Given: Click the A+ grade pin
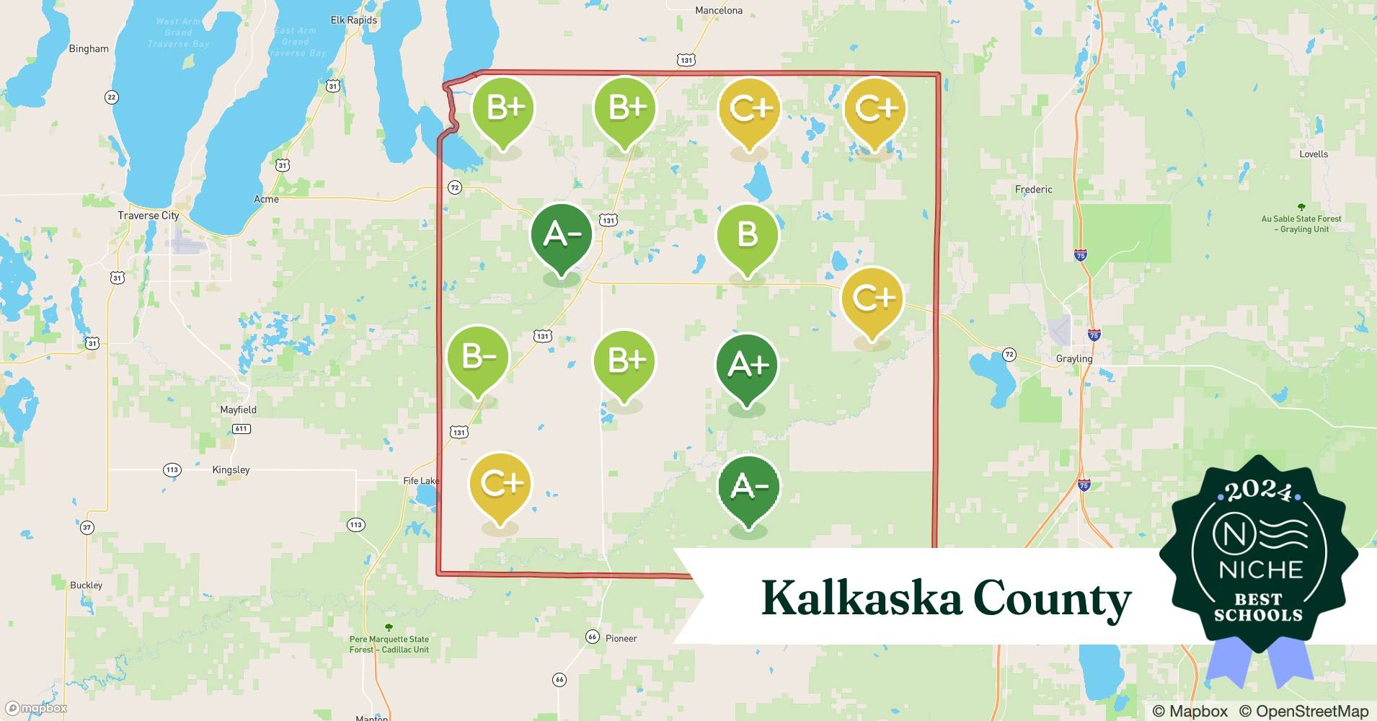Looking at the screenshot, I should [x=748, y=365].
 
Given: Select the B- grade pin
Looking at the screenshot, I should [x=478, y=357].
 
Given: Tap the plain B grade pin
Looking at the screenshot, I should [x=748, y=235].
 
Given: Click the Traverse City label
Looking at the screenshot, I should [x=149, y=216].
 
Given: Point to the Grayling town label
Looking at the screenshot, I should [x=1074, y=359].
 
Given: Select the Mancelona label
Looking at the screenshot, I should [x=718, y=11].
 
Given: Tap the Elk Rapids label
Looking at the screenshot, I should [x=353, y=20].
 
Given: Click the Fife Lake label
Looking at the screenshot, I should [x=421, y=481].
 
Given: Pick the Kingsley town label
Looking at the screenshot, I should [x=231, y=470].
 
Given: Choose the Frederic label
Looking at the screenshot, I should [x=1033, y=190].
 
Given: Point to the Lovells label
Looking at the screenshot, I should [x=1314, y=154].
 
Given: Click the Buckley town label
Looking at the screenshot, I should [x=87, y=585].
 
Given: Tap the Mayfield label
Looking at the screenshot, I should [x=238, y=410].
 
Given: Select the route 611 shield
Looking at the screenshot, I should [x=241, y=429].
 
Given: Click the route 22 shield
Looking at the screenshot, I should [x=111, y=97].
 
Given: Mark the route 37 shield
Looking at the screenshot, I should [x=87, y=528].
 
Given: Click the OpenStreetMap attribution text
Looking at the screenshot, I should [x=1303, y=711].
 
